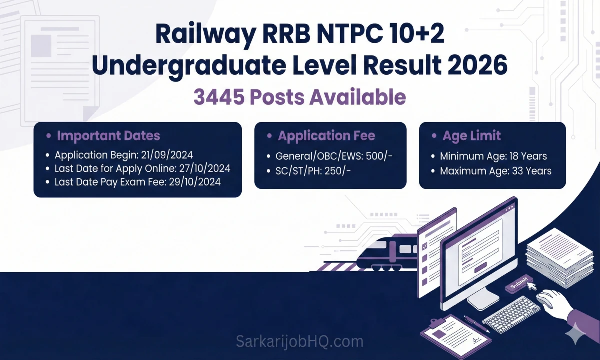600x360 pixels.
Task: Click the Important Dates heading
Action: coord(108,135)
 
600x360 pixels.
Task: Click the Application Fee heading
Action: coord(326,136)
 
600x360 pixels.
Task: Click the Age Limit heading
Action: coord(471,136)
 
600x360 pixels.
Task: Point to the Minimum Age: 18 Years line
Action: coord(493,156)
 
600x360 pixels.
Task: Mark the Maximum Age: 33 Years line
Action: coord(495,171)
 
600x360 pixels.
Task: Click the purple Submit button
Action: coord(518,285)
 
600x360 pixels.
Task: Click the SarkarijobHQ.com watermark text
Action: coord(299,342)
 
